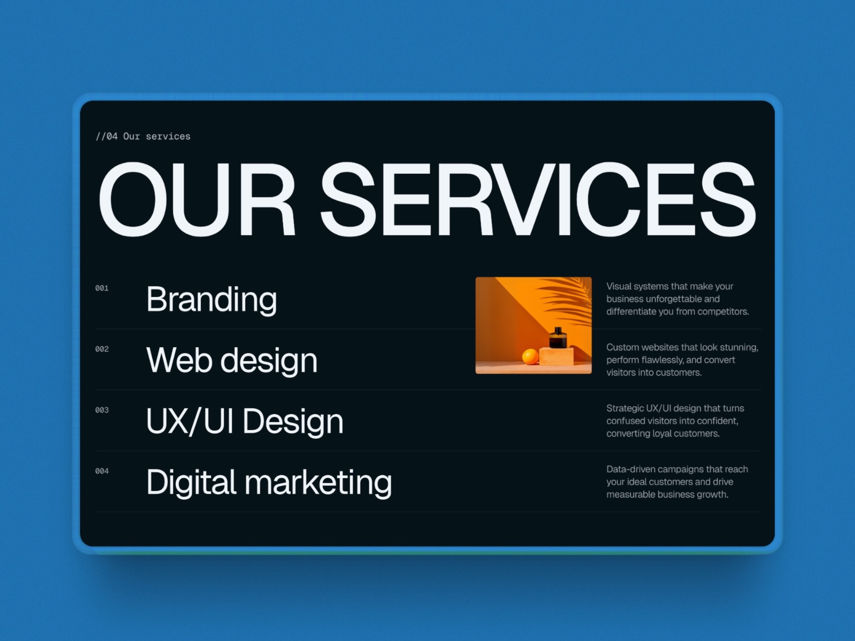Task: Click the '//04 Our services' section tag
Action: [143, 136]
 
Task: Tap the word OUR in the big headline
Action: [197, 199]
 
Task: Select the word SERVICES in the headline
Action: [538, 199]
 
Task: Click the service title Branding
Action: [212, 299]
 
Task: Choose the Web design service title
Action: [232, 360]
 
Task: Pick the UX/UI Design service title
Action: [245, 421]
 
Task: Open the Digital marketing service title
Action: [269, 482]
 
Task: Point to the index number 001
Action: [102, 288]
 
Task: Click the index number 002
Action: [102, 349]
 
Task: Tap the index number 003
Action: [102, 410]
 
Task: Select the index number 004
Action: [102, 471]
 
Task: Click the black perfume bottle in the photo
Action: [558, 338]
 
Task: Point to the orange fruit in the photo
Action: [530, 357]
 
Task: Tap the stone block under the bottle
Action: [556, 357]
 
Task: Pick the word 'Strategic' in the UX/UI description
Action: [625, 408]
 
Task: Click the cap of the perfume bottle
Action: [558, 330]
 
